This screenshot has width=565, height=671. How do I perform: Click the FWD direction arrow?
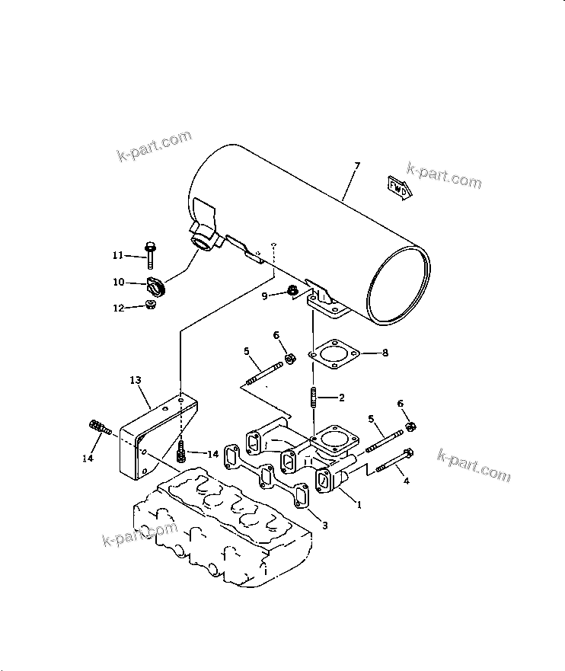pyautogui.click(x=399, y=188)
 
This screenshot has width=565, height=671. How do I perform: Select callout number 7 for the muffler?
pyautogui.click(x=358, y=166)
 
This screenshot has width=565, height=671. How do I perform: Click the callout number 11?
pyautogui.click(x=118, y=254)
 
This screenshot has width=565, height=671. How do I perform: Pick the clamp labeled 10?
pyautogui.click(x=155, y=289)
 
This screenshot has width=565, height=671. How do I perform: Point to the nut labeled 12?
pyautogui.click(x=151, y=307)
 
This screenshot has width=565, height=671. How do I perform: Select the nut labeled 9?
pyautogui.click(x=293, y=291)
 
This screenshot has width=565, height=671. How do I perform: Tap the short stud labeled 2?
pyautogui.click(x=313, y=397)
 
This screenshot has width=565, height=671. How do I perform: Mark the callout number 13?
pyautogui.click(x=136, y=378)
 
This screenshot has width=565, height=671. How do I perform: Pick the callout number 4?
pyautogui.click(x=406, y=481)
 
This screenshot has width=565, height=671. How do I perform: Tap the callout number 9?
pyautogui.click(x=264, y=296)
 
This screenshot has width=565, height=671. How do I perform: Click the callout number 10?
pyautogui.click(x=118, y=283)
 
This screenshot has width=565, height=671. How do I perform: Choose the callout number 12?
pyautogui.click(x=118, y=308)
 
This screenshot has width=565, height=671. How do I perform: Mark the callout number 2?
pyautogui.click(x=342, y=397)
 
